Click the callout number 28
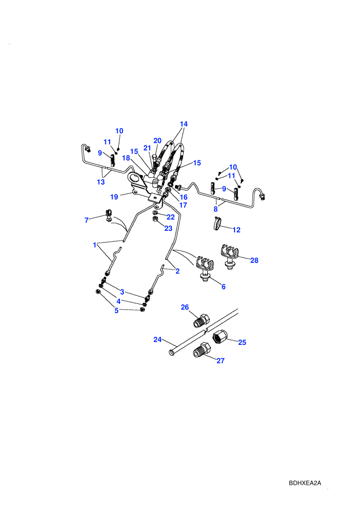[x=254, y=260]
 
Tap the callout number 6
[x=223, y=287]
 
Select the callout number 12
[x=237, y=230]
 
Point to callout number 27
[x=221, y=360]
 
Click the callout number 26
[x=185, y=307]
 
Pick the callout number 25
[x=242, y=342]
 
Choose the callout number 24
[x=157, y=339]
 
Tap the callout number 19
[x=114, y=197]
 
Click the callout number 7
[x=86, y=220]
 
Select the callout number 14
[x=184, y=124]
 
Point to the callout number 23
[x=168, y=228]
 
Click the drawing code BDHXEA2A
[x=305, y=483]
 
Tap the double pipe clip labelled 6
[x=204, y=268]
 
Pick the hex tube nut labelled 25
[x=220, y=337]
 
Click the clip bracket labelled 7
[x=109, y=215]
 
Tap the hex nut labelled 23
[x=155, y=219]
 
